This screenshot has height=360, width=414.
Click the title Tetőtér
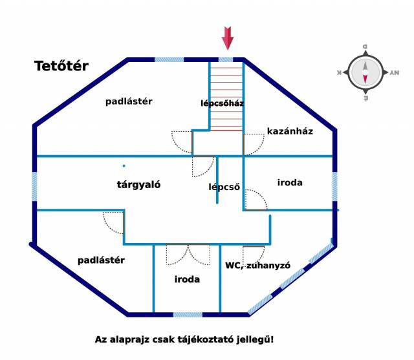(61, 66)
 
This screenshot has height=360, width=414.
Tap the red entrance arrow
(227, 38)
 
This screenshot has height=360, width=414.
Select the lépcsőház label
(222, 103)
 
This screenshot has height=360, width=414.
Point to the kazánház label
(290, 131)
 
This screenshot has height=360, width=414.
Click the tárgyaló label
(138, 184)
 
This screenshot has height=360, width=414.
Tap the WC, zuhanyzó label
(257, 266)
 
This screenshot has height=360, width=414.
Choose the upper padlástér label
(129, 101)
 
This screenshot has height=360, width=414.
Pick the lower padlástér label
(101, 260)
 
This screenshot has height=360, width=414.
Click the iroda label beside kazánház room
(290, 183)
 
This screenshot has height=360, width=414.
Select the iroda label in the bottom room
(187, 280)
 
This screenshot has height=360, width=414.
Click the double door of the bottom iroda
(188, 255)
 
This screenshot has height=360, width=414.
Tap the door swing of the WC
(254, 255)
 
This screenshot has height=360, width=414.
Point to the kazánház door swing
(254, 142)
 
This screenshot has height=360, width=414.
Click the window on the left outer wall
(34, 186)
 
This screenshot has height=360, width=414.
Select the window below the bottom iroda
(191, 315)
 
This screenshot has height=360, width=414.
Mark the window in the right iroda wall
(335, 186)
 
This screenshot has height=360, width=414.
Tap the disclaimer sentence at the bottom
(184, 339)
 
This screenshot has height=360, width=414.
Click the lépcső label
(224, 187)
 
